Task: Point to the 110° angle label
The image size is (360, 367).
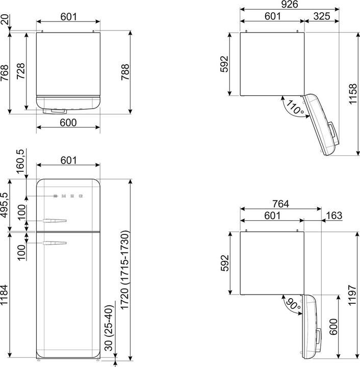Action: point(295,108)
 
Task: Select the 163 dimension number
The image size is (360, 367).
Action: point(334,216)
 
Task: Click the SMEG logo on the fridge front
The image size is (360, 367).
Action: point(68,196)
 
